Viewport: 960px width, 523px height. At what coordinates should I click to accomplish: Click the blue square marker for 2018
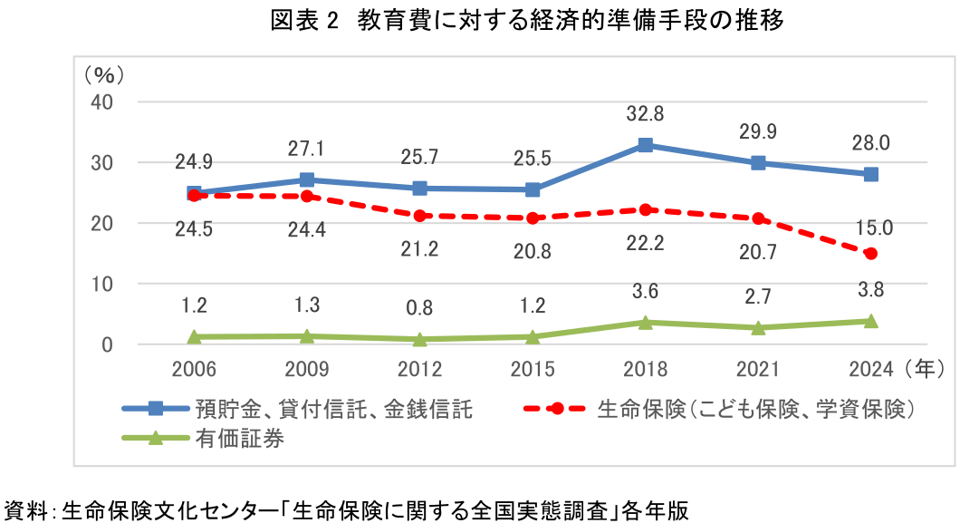(645, 145)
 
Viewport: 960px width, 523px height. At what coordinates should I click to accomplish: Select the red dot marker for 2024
(870, 254)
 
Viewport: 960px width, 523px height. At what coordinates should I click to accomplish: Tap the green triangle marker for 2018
(645, 322)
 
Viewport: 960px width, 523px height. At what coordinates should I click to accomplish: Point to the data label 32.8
(645, 114)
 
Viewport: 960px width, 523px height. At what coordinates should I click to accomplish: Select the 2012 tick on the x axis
(419, 369)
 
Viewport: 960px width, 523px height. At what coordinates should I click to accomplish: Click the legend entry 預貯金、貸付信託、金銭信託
(332, 409)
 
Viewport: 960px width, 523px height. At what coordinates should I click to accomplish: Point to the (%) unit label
(104, 72)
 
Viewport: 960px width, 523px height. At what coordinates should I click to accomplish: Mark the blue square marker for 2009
(307, 179)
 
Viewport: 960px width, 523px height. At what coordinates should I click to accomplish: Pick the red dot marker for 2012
(419, 216)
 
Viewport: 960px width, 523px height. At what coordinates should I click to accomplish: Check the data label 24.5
(194, 229)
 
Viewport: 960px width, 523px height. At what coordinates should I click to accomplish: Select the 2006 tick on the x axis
(194, 369)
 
